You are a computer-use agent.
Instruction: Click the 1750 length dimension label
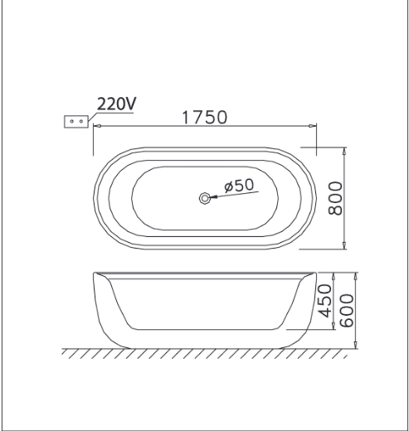click(x=205, y=117)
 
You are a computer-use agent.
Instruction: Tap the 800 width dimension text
click(x=335, y=198)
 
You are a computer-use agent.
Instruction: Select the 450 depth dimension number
click(x=324, y=301)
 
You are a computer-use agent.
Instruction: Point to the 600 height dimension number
click(x=346, y=311)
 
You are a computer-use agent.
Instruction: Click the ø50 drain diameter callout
click(x=239, y=186)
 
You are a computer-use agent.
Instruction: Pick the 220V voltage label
click(x=116, y=104)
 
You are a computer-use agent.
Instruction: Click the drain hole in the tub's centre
click(x=205, y=198)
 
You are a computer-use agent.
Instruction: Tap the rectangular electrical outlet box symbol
click(x=76, y=122)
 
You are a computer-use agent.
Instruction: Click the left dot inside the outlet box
click(x=72, y=121)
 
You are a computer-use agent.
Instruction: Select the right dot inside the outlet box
click(x=81, y=121)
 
